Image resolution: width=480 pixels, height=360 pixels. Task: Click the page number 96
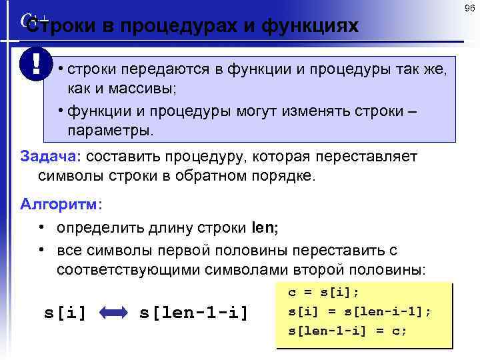tap(469, 9)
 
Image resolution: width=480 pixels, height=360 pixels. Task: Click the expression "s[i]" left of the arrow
tap(65, 311)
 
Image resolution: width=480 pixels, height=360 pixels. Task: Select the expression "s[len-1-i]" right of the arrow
tap(194, 311)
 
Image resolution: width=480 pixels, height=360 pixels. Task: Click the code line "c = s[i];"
tap(323, 292)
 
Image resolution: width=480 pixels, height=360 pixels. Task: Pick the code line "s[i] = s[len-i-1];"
tap(359, 311)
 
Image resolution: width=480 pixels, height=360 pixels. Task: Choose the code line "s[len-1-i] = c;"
tap(347, 330)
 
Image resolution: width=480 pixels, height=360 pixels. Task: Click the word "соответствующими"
tap(134, 270)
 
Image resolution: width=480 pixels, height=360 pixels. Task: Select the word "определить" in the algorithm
tap(99, 227)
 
